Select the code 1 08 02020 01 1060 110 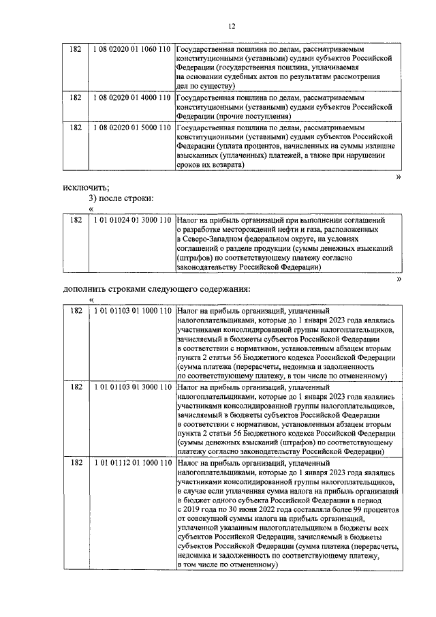coord(131,50)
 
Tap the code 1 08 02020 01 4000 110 coord(131,97)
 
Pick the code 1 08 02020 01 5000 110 coord(131,127)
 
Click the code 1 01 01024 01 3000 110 coord(131,220)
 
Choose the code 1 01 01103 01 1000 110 coord(131,310)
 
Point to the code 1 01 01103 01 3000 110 coord(131,385)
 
